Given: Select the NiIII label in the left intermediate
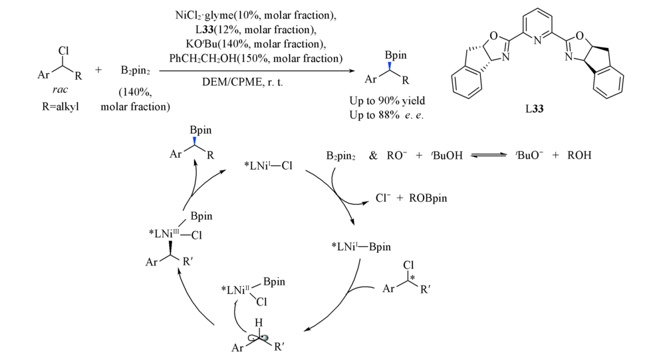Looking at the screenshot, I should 172,232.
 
